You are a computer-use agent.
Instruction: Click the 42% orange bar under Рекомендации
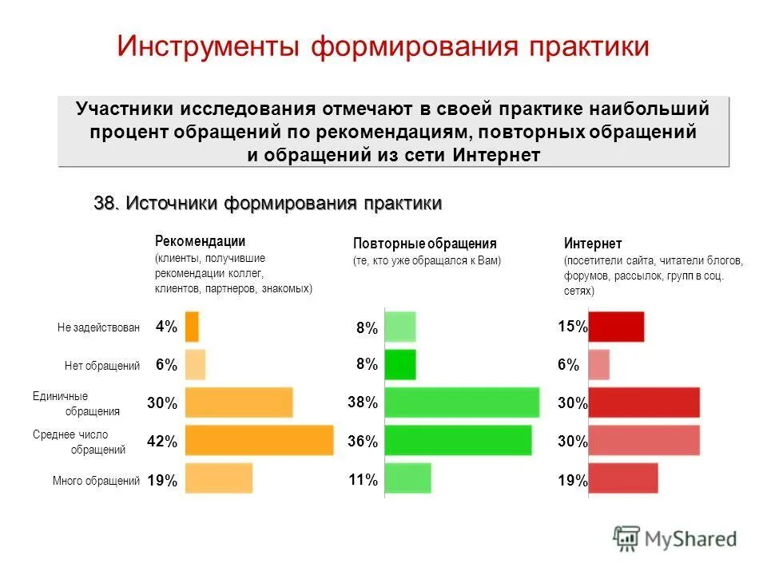[x=259, y=441]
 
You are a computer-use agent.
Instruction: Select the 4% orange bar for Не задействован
[x=192, y=327]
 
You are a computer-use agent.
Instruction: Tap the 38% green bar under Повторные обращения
[x=462, y=402]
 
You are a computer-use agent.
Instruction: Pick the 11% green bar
[x=407, y=478]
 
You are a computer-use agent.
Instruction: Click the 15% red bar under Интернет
[x=616, y=327]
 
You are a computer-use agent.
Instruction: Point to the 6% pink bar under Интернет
[x=599, y=364]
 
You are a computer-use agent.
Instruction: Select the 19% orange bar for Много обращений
[x=219, y=478]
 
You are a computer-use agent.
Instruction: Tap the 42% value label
[x=162, y=442]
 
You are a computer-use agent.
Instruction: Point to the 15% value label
[x=572, y=327]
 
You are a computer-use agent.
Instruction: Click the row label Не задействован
[x=99, y=327]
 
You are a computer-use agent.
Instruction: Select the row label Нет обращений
[x=102, y=366]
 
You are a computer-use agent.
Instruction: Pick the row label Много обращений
[x=97, y=481]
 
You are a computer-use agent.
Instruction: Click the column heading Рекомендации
[x=200, y=241]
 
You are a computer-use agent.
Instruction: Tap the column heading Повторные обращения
[x=424, y=244]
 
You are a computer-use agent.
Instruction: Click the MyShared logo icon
[x=627, y=539]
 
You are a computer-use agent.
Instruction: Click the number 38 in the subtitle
[x=105, y=204]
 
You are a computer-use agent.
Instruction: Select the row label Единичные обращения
[x=76, y=403]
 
